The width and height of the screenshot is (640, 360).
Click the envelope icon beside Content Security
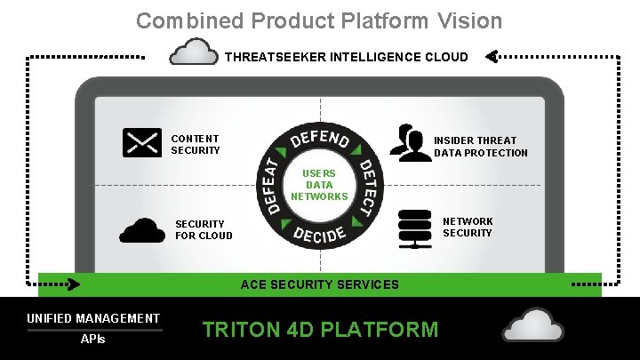tap(142, 143)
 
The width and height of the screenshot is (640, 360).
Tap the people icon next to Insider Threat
tap(411, 143)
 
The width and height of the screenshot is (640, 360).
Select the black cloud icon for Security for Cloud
tap(142, 229)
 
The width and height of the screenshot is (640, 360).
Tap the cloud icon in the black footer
tap(532, 325)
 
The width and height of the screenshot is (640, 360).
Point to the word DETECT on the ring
tap(365, 188)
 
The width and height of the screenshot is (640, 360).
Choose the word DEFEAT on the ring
tap(271, 187)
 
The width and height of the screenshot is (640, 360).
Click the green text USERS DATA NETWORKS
tap(319, 185)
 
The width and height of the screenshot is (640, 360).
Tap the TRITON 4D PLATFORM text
tap(320, 330)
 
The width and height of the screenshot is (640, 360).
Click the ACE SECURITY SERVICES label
tap(320, 285)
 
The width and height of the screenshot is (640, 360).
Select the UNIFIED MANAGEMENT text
tap(93, 318)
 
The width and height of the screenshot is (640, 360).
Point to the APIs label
tap(92, 340)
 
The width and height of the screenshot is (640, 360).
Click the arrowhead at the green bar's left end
tap(73, 285)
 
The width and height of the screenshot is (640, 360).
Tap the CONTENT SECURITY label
tap(195, 145)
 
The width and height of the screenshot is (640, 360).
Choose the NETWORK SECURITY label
tap(468, 227)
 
